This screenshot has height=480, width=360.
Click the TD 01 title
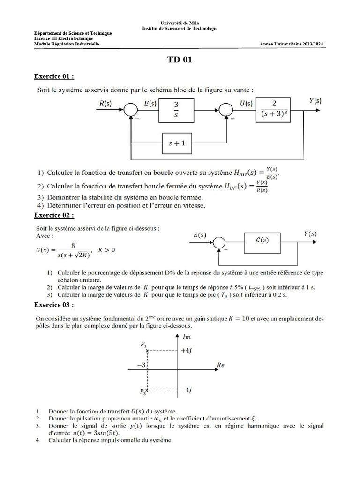(180, 60)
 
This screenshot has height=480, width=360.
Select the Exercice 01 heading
(54, 76)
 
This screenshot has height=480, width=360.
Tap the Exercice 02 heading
(54, 215)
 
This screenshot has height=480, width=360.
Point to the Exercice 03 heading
(54, 305)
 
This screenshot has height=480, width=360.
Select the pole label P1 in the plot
(143, 344)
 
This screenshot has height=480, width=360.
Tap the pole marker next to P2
(147, 390)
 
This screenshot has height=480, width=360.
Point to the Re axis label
(221, 364)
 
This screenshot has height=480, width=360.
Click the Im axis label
(186, 337)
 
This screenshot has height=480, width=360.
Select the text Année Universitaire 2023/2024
(291, 45)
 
